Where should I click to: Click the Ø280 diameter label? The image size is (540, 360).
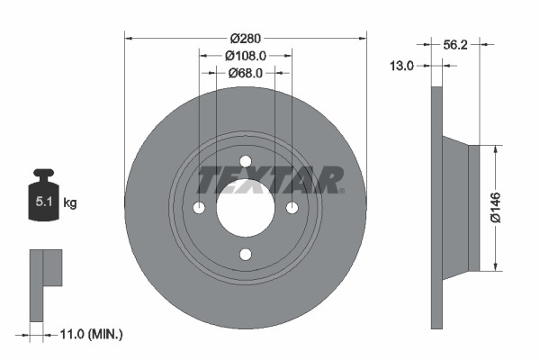[246, 38]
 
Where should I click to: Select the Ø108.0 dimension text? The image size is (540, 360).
[246, 56]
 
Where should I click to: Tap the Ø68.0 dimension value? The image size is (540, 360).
[245, 73]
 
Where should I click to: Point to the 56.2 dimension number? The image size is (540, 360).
[459, 42]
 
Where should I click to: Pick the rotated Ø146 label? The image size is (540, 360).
[494, 208]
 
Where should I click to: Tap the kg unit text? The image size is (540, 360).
[70, 203]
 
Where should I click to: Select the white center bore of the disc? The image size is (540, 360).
[245, 208]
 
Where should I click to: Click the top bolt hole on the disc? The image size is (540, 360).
[246, 162]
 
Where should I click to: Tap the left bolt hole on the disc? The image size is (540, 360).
[199, 209]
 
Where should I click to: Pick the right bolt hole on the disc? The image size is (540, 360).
[292, 209]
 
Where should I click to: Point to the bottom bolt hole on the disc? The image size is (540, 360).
[246, 255]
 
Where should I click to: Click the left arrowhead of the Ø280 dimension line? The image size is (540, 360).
[129, 38]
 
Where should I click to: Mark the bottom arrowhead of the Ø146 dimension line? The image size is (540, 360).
[494, 265]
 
